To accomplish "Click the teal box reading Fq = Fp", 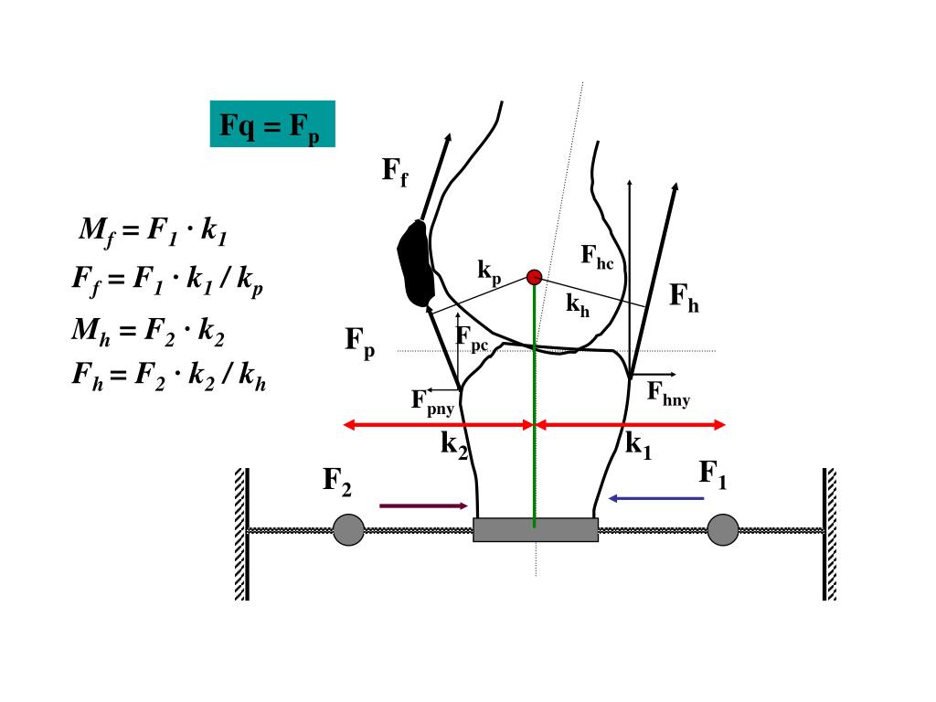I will tap(272, 124).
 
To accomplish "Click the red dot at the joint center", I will tap(535, 277).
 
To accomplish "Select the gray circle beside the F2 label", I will tap(348, 530).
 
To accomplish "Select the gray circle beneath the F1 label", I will tap(722, 530).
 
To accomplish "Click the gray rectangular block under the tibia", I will tap(536, 530).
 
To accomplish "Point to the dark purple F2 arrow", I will tap(423, 505).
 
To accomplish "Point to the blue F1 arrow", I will tap(656, 498).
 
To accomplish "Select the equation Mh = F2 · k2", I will tap(148, 330).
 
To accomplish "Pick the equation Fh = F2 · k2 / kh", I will tap(169, 376).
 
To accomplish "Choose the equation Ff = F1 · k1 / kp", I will tap(168, 279).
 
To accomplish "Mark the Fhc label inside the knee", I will tap(597, 257).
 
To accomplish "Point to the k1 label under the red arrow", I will tap(638, 446).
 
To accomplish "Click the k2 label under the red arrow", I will tap(454, 445).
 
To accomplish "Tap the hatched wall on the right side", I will tap(829, 534).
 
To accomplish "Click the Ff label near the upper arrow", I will tap(395, 170).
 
